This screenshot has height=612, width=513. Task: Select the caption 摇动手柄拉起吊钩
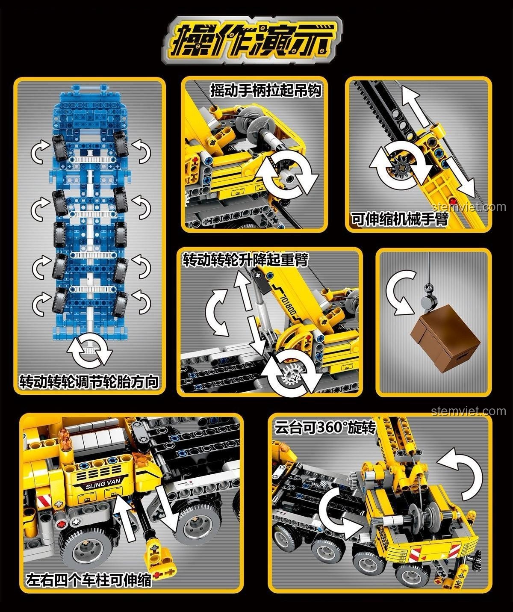tap(266, 91)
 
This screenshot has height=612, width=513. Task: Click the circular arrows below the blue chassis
tap(90, 351)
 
